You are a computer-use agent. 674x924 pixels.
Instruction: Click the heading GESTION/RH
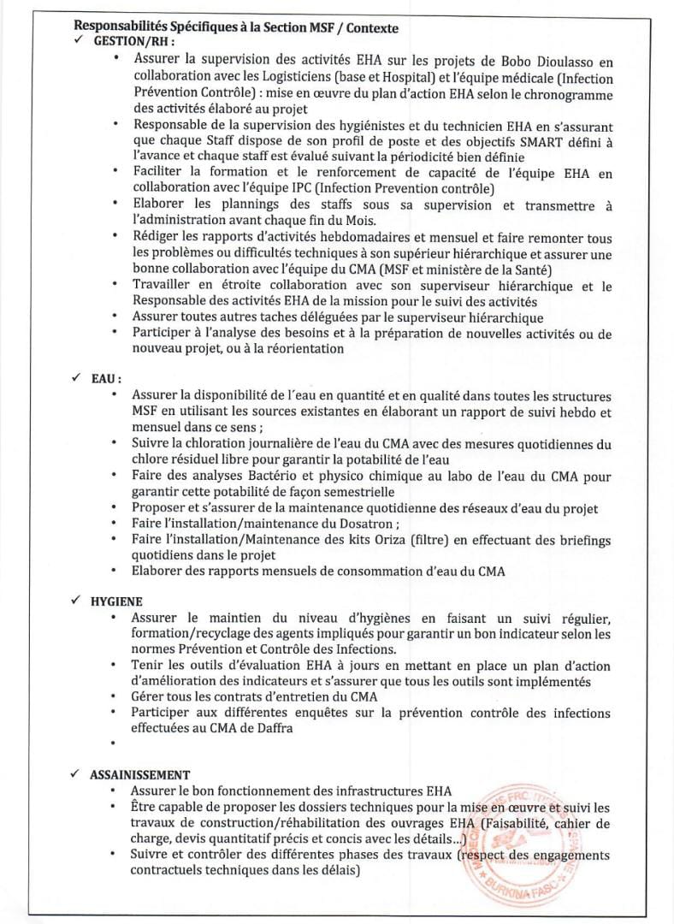133,41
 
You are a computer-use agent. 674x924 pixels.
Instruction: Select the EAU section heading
106,378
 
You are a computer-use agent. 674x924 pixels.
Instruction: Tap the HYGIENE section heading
116,601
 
